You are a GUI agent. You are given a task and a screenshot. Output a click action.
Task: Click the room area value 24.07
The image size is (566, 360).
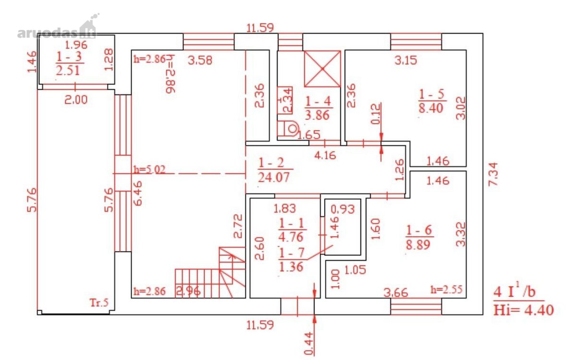274,177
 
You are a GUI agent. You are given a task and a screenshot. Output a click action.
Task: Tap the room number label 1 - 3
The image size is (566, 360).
69,56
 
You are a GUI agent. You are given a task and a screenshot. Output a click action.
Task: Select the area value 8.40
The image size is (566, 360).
431,108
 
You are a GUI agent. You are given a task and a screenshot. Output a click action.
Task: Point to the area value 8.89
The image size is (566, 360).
418,244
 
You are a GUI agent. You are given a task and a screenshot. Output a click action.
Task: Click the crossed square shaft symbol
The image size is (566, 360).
323,69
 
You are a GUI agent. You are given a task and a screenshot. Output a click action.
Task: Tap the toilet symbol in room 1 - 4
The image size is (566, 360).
288,129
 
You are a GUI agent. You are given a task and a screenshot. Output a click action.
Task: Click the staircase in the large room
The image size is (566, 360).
210,273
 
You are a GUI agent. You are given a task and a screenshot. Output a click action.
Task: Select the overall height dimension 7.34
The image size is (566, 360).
493,175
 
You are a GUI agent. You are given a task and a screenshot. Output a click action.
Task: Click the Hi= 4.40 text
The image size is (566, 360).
523,310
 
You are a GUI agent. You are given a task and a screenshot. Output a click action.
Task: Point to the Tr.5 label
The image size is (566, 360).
99,302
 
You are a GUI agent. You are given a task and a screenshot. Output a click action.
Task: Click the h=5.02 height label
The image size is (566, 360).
150,169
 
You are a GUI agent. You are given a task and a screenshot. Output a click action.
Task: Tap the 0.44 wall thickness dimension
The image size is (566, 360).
309,344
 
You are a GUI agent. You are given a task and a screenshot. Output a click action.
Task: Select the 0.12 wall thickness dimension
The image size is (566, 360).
376,114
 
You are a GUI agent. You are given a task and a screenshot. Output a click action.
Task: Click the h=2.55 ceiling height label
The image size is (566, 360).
446,290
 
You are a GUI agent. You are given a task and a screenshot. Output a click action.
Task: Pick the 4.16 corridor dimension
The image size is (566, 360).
325,155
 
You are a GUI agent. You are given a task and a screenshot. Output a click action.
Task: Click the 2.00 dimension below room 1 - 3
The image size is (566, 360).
76,100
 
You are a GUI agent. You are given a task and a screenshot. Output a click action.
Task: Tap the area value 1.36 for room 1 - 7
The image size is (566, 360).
291,267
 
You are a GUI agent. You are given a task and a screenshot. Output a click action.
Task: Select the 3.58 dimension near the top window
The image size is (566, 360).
200,60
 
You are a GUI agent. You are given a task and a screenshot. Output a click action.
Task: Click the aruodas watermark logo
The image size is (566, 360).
58,28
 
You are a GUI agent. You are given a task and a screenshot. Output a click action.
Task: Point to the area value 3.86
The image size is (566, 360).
317,115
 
